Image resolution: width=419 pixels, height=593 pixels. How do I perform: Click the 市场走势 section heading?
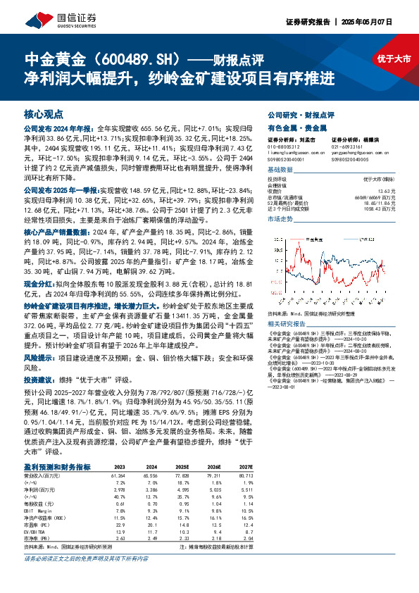[x=279, y=220]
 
